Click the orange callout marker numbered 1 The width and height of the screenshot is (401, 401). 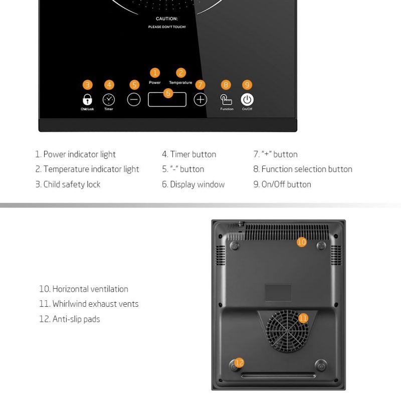tap(154, 73)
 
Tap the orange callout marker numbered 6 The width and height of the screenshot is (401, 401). tap(168, 93)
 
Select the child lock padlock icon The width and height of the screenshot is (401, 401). tap(87, 99)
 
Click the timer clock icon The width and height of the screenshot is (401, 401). tap(109, 99)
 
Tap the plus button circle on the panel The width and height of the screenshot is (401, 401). tap(200, 99)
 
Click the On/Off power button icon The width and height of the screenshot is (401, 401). tap(247, 99)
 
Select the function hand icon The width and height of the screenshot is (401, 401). tap(227, 99)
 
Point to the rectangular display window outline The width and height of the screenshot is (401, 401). tap(167, 99)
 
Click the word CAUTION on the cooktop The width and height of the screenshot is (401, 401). tap(166, 19)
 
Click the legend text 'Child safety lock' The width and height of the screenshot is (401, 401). tap(72, 184)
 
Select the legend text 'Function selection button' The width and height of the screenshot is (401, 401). tap(306, 169)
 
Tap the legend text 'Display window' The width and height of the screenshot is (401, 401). tap(197, 184)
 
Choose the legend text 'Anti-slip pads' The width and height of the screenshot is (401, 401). tap(76, 319)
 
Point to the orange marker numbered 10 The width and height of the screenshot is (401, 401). tap(301, 242)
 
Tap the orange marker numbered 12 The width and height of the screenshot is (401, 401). tap(240, 362)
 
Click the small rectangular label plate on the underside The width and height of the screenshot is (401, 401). tap(278, 293)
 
